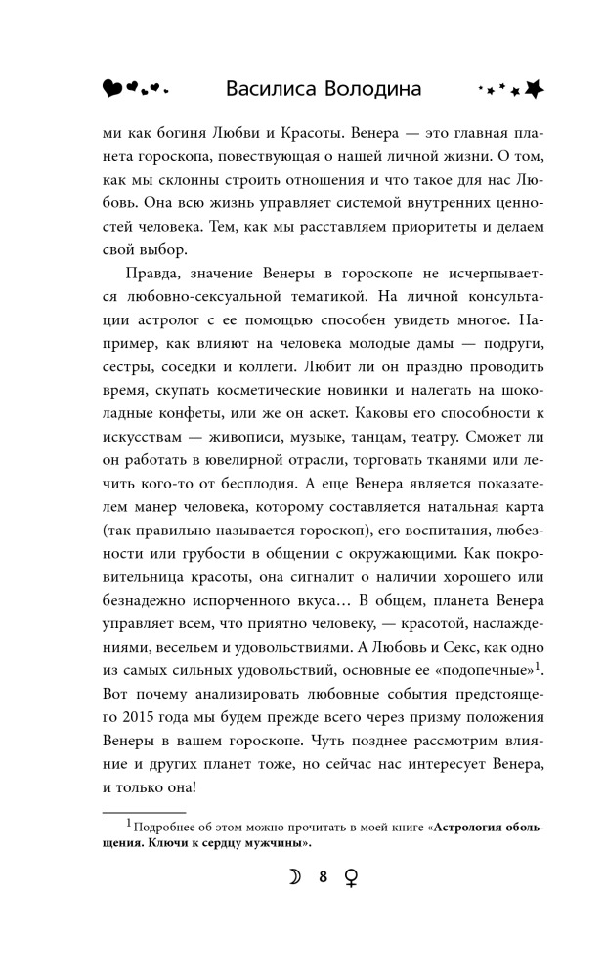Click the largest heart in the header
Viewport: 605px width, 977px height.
pos(113,89)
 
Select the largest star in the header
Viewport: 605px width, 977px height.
pos(533,88)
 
